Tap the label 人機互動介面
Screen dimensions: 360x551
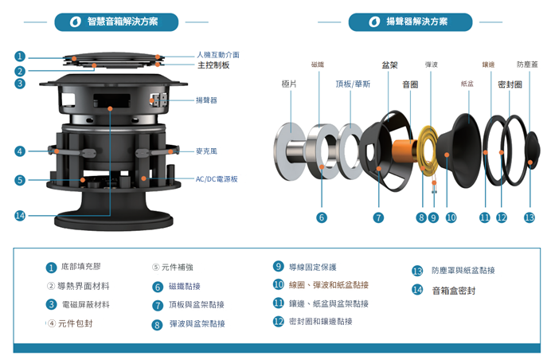coord(217,55)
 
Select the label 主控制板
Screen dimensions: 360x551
coord(213,65)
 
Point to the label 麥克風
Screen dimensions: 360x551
coord(206,150)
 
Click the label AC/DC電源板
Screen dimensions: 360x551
coord(217,178)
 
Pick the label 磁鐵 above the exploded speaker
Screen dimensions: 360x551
coord(318,64)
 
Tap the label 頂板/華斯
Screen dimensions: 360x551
coord(353,83)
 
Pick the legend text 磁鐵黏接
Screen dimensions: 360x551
coord(185,286)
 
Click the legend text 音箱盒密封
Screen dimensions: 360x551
coord(454,290)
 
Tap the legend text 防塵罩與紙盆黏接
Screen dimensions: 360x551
coord(463,271)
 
